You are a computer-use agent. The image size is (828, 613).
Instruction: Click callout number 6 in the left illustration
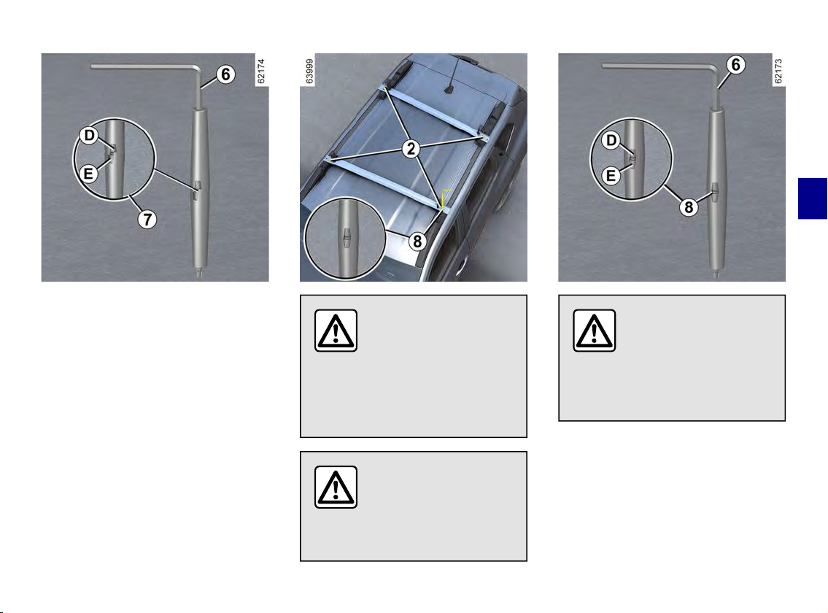click(x=225, y=74)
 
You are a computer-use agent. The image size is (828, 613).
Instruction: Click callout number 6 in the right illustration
click(x=735, y=65)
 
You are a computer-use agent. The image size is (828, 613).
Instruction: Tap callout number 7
click(x=147, y=219)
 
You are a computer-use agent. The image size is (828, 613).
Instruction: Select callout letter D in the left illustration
click(x=89, y=136)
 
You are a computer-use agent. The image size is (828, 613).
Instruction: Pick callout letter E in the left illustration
click(x=88, y=173)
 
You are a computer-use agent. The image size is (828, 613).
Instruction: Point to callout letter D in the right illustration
click(x=611, y=141)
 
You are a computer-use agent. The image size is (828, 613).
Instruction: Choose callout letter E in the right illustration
click(x=611, y=175)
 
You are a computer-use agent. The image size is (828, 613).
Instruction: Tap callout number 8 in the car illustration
click(x=417, y=242)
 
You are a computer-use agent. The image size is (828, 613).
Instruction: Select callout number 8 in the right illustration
click(x=689, y=207)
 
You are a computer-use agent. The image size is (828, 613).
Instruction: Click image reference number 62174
click(x=261, y=72)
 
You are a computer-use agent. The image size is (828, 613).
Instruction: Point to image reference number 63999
click(x=309, y=71)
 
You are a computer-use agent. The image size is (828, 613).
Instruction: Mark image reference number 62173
click(x=778, y=72)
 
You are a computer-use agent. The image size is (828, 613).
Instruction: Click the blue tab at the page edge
click(x=813, y=198)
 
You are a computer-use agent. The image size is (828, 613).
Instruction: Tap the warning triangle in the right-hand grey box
click(x=594, y=331)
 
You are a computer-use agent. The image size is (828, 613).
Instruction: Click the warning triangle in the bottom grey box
click(x=336, y=487)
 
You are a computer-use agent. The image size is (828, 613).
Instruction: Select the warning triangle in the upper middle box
click(x=336, y=331)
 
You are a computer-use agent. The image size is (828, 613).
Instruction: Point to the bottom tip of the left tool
click(x=199, y=277)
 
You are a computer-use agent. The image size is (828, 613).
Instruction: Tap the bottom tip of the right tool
click(x=716, y=277)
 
